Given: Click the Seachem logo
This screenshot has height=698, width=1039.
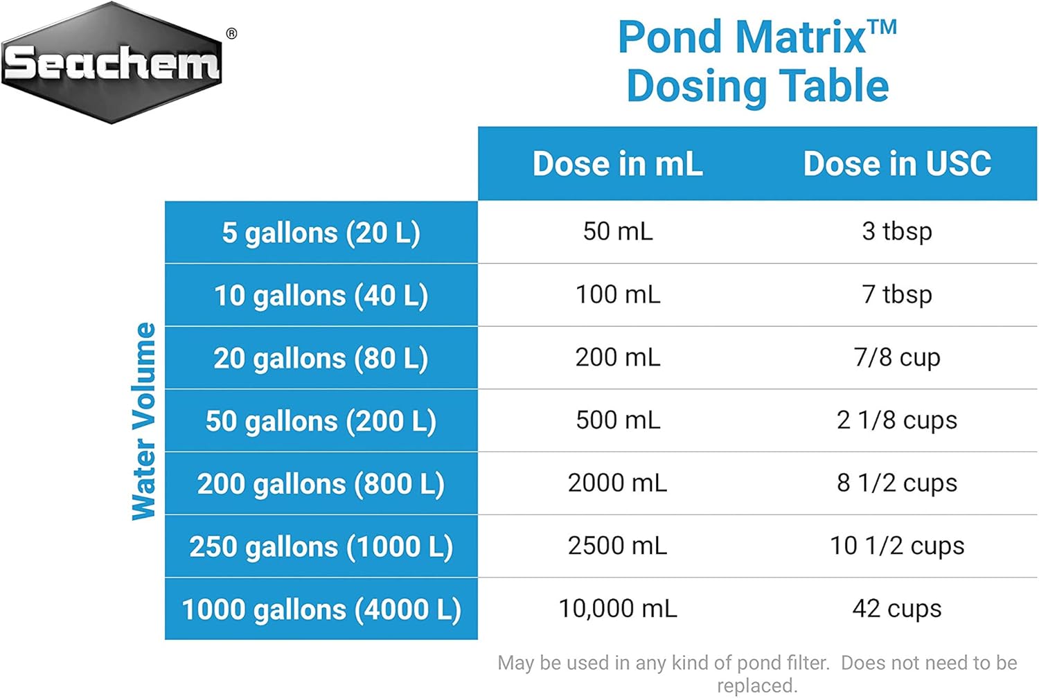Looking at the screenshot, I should pyautogui.click(x=112, y=63).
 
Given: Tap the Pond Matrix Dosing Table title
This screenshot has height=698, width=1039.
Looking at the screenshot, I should pyautogui.click(x=757, y=62).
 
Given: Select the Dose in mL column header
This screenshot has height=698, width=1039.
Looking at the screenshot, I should pyautogui.click(x=617, y=164).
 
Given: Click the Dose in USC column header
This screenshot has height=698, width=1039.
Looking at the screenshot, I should pyautogui.click(x=897, y=164).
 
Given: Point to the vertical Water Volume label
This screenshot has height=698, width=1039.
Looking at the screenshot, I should pyautogui.click(x=144, y=421).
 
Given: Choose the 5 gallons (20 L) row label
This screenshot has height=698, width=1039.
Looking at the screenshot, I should pyautogui.click(x=321, y=233).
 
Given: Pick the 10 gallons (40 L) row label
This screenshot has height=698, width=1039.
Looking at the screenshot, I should pyautogui.click(x=321, y=296).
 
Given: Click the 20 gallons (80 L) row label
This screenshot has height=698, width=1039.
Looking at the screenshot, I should pyautogui.click(x=321, y=359).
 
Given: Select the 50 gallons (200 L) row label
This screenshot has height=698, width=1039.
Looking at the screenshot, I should pyautogui.click(x=321, y=421).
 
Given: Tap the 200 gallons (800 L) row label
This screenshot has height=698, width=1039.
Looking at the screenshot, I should pyautogui.click(x=321, y=484).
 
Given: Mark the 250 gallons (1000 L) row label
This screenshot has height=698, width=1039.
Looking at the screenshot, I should pyautogui.click(x=321, y=546).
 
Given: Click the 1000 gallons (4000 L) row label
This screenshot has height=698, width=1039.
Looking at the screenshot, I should pyautogui.click(x=321, y=609).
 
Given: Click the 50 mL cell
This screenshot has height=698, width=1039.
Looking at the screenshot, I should pyautogui.click(x=617, y=231).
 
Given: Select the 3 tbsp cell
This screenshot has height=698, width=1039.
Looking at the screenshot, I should pyautogui.click(x=897, y=231).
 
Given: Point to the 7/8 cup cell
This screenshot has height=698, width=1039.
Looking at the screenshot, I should pyautogui.click(x=897, y=357).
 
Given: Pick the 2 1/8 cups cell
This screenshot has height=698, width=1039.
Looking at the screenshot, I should pyautogui.click(x=897, y=420).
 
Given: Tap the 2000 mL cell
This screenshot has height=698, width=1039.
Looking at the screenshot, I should pyautogui.click(x=617, y=483).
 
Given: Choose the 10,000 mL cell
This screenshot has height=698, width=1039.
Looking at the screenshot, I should pyautogui.click(x=617, y=609).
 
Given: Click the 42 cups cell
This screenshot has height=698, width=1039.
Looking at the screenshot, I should pyautogui.click(x=897, y=609).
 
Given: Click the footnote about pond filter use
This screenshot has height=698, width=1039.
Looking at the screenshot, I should pyautogui.click(x=757, y=674).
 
